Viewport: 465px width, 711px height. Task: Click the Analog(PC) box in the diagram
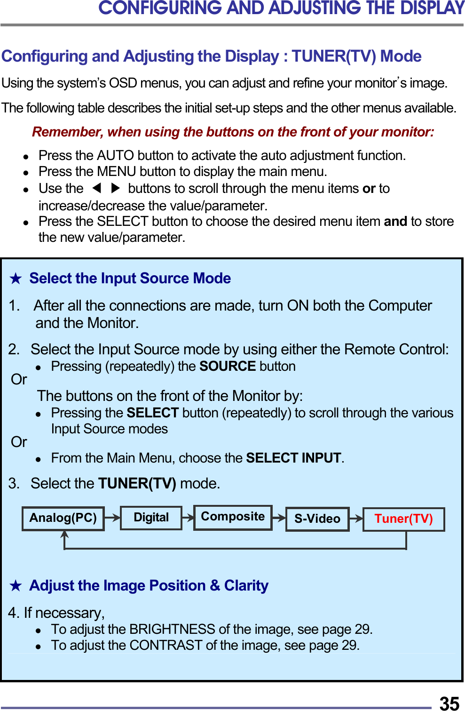(63, 518)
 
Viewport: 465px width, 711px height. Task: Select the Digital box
(151, 518)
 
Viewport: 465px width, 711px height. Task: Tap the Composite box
(233, 517)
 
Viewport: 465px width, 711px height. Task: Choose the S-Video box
(317, 519)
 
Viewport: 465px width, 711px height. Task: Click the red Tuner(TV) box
(403, 519)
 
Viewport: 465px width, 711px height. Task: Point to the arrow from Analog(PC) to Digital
(112, 518)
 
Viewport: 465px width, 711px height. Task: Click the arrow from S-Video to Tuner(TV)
(356, 519)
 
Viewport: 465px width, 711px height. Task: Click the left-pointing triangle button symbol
(97, 188)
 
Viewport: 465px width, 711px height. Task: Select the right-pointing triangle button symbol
(115, 188)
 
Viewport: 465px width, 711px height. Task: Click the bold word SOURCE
(228, 366)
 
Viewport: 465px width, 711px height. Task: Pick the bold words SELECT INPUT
(293, 458)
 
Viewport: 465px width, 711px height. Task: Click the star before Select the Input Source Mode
(16, 279)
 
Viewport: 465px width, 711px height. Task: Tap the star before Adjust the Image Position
(16, 586)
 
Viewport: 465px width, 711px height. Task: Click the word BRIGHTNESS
(172, 629)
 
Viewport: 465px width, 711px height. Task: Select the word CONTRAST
(166, 645)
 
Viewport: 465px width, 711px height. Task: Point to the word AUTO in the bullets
(116, 155)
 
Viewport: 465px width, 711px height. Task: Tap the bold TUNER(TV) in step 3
(137, 483)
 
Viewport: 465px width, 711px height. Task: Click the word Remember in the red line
(67, 132)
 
